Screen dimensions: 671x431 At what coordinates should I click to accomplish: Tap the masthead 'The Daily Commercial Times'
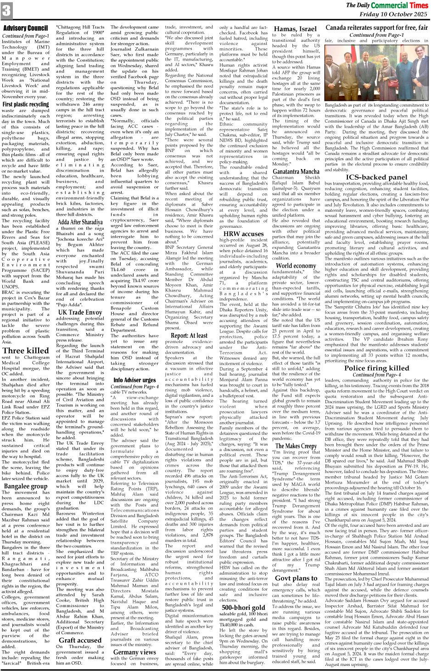tap(387, 5)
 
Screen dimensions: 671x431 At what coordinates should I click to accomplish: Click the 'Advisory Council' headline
tap(25, 28)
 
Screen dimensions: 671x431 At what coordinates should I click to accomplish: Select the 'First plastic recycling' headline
tap(26, 104)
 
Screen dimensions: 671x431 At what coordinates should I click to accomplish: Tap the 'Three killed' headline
tap(26, 350)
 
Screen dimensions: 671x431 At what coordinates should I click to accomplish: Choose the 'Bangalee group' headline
tap(26, 486)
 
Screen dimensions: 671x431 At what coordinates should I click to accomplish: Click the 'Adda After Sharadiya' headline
tap(80, 222)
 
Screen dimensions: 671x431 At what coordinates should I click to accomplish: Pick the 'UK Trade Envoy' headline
tap(80, 312)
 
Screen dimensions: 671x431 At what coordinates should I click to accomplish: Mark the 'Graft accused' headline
tap(80, 640)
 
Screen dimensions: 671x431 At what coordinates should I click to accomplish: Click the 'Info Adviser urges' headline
tap(134, 380)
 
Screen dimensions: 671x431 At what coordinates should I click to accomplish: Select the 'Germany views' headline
tap(134, 652)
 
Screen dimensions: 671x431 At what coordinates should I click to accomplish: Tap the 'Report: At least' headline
tap(189, 335)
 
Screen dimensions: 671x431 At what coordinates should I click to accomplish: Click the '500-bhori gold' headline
tap(243, 608)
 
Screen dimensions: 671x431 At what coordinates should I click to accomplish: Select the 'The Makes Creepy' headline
tap(296, 445)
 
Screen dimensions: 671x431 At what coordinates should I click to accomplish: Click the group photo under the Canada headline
tap(376, 73)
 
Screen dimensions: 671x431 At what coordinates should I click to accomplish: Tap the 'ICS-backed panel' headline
tap(376, 177)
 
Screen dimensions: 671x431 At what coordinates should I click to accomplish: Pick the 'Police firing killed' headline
tap(376, 368)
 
